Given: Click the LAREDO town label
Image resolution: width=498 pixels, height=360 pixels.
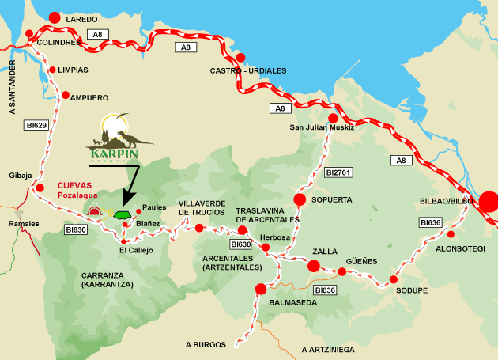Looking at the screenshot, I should click(82, 18).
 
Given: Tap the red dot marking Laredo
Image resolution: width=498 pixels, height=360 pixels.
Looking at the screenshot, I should click(55, 17).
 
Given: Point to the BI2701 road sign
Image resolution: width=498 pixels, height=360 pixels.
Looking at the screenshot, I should click(338, 171).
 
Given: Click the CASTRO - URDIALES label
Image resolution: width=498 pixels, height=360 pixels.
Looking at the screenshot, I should click(247, 70).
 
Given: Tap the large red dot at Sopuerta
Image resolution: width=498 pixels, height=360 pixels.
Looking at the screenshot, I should click(300, 199).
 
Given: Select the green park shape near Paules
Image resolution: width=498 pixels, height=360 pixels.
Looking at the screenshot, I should click(121, 214).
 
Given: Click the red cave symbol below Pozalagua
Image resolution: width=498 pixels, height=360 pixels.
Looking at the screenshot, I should click(97, 212).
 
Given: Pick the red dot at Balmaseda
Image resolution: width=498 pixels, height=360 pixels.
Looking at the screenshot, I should click(260, 289).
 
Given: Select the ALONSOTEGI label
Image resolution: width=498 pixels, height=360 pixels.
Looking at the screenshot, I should click(462, 248).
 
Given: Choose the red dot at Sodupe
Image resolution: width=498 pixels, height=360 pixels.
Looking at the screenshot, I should click(393, 279).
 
